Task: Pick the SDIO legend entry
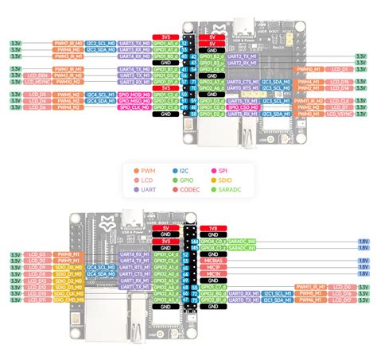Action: tap(225, 180)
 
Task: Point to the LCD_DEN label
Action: tap(35, 75)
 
